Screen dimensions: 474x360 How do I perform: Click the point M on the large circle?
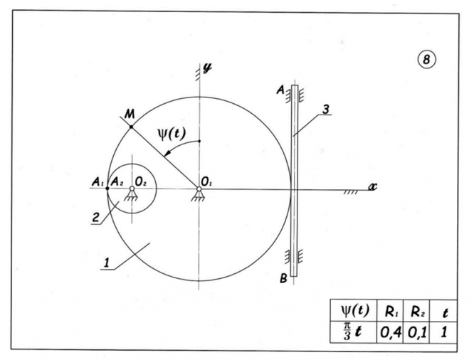point(132,127)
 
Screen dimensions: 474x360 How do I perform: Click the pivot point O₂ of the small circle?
point(132,189)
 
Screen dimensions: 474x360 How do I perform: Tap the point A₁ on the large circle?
point(107,189)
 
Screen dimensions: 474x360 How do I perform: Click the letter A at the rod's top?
point(281,90)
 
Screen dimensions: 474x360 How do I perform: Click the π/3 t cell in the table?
point(349,332)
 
